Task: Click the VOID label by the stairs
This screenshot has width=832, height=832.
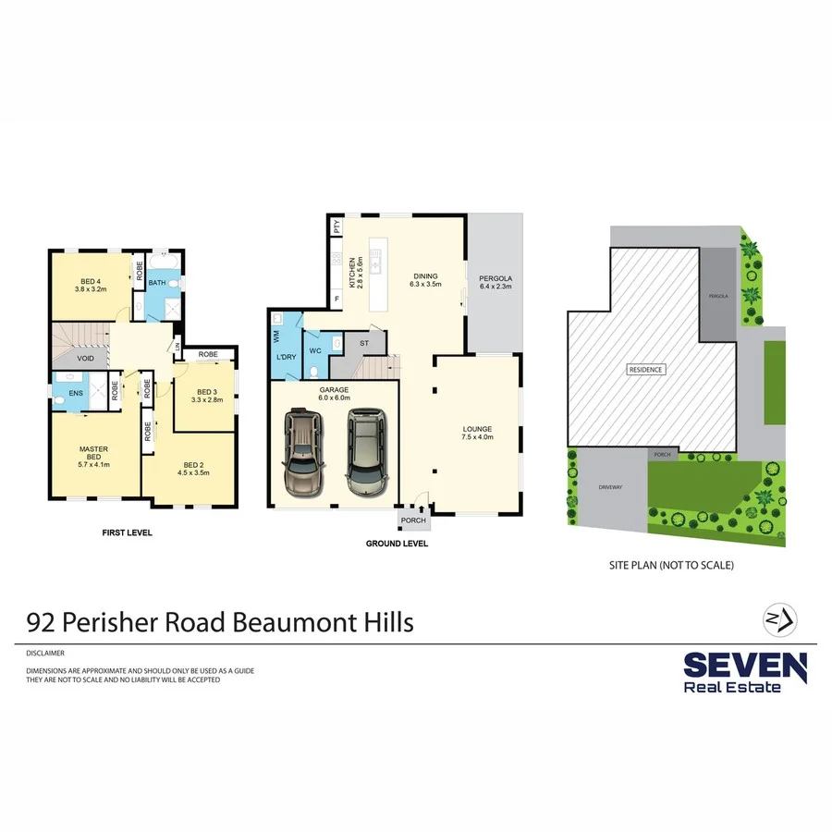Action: tap(85, 358)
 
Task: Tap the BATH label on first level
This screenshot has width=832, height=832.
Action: tap(157, 283)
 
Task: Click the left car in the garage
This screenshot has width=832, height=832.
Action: tap(304, 451)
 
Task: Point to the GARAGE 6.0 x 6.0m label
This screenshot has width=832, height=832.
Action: tap(334, 394)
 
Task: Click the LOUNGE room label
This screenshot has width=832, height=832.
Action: tap(477, 433)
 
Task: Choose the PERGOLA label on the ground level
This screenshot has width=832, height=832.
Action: tap(496, 282)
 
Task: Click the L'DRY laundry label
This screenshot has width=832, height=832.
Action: tap(285, 358)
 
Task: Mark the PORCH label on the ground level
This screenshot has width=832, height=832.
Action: tap(413, 520)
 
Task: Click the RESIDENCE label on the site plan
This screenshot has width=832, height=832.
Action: tap(645, 370)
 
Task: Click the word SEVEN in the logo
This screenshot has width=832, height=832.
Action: tap(744, 665)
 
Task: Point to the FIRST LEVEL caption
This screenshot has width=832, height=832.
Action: tap(127, 533)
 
